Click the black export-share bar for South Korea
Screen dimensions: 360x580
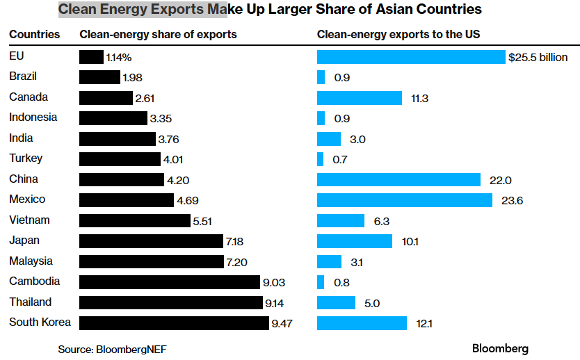pos(174,323)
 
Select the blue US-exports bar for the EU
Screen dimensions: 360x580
pos(411,57)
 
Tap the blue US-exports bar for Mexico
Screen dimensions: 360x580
pos(403,200)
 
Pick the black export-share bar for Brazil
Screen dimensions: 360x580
pos(99,77)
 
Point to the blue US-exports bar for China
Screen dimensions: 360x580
pos(398,180)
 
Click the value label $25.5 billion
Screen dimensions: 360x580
pos(538,58)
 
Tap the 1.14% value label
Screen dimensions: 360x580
pos(119,58)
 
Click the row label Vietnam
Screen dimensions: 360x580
pos(29,220)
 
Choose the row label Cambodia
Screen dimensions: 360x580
pos(34,281)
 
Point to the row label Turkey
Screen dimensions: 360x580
pos(26,158)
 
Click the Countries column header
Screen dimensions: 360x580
pos(34,34)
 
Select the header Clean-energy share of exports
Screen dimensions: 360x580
pos(158,34)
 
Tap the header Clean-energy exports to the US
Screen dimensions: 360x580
pos(398,34)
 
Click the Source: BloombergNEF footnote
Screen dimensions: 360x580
pos(112,349)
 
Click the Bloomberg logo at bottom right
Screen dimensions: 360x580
pos(500,348)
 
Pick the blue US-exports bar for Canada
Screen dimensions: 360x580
pos(359,98)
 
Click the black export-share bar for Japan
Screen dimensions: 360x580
pos(151,241)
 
